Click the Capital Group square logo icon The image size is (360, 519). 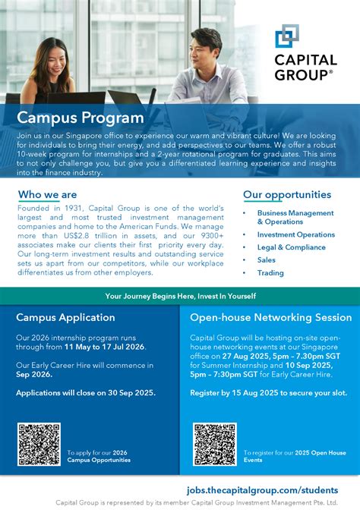[x=287, y=36]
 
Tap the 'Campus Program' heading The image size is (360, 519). [x=80, y=118]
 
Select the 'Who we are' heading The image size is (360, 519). [x=47, y=195]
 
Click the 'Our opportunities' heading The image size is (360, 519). [x=287, y=195]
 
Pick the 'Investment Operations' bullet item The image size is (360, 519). [x=295, y=234]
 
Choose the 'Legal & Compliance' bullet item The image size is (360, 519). [x=291, y=247]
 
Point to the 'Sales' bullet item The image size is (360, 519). [x=266, y=259]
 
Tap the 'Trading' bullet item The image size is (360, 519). [x=270, y=272]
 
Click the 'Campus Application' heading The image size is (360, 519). [x=65, y=317]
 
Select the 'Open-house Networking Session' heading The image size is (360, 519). [x=270, y=317]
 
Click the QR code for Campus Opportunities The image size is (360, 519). [x=39, y=445]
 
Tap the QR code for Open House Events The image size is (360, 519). [x=215, y=445]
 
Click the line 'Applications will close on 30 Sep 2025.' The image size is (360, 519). [x=85, y=392]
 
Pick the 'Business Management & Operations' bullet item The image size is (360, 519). [x=295, y=218]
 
